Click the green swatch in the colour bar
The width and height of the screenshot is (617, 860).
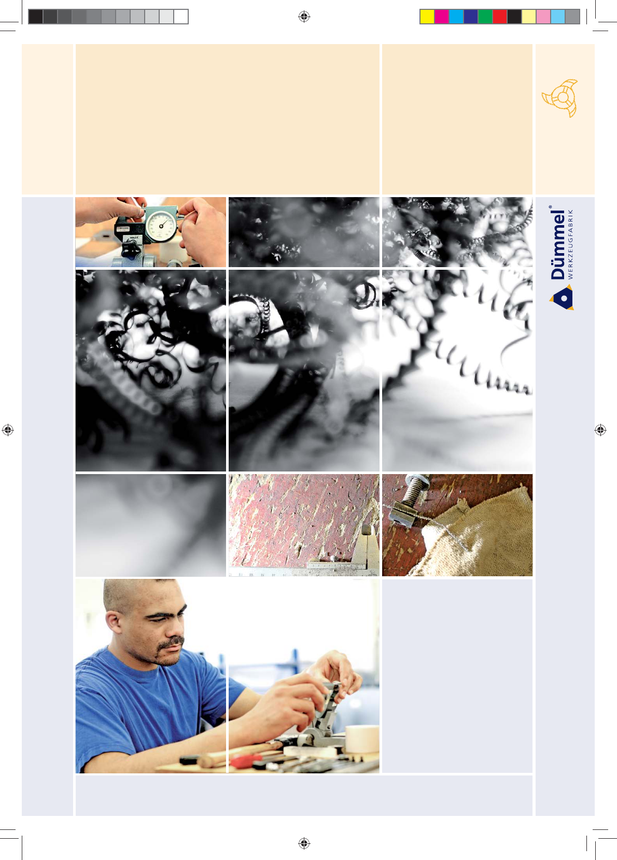[485, 17]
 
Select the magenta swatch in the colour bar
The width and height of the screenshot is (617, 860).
[442, 17]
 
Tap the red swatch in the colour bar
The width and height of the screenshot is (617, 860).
[500, 17]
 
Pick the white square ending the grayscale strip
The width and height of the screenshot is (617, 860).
[181, 17]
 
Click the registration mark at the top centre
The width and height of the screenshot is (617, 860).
[304, 17]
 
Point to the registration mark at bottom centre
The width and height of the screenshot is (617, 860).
[304, 843]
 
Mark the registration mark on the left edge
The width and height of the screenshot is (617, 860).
[8, 429]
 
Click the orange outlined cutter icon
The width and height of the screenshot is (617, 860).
[560, 98]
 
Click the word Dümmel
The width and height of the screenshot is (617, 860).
[558, 244]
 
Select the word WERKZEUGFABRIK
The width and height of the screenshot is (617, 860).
[570, 244]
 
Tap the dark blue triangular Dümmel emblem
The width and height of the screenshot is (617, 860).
[562, 297]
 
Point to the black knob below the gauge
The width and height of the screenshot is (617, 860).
[131, 249]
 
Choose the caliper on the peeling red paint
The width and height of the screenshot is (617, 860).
[342, 553]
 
